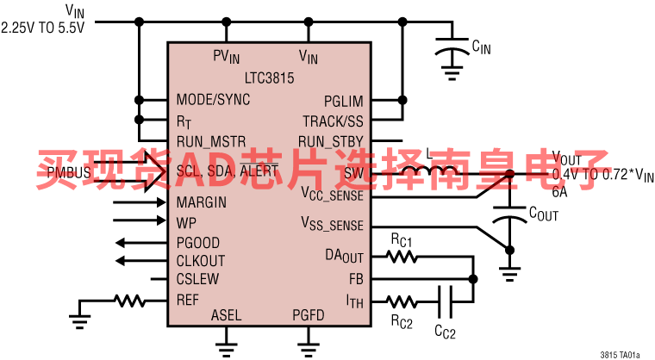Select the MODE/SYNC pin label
pyautogui.click(x=213, y=100)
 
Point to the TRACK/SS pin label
pyautogui.click(x=333, y=121)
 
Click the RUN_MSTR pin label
pyautogui.click(x=211, y=140)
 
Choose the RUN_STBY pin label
pyautogui.click(x=331, y=140)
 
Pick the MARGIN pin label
pyautogui.click(x=202, y=203)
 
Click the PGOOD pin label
pyautogui.click(x=198, y=242)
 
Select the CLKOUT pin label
pyautogui.click(x=201, y=260)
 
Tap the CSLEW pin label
pyautogui.click(x=197, y=279)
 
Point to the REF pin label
pyautogui.click(x=188, y=300)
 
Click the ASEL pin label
pyautogui.click(x=226, y=315)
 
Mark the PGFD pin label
pyautogui.click(x=308, y=315)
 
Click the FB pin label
pyautogui.click(x=356, y=279)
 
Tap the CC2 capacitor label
pyautogui.click(x=445, y=330)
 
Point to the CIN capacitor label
pyautogui.click(x=481, y=47)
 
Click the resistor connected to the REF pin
pyautogui.click(x=130, y=301)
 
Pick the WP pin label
pyautogui.click(x=186, y=222)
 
